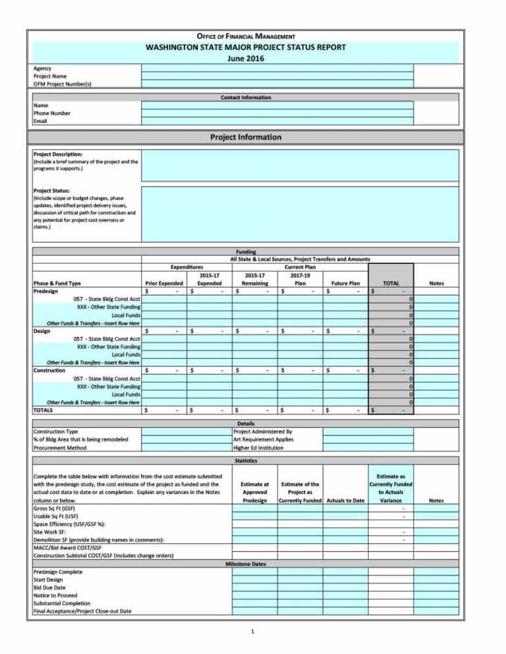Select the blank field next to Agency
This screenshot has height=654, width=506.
(x=277, y=68)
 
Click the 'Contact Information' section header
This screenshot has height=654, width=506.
(x=245, y=97)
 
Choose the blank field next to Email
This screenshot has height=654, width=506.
(x=277, y=121)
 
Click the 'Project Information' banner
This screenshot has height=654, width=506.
(x=245, y=138)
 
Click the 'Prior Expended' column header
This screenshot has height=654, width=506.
(x=163, y=283)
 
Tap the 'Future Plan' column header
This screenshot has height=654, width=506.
(x=345, y=283)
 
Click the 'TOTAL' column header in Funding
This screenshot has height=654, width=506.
(x=391, y=283)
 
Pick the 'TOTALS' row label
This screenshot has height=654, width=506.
(x=43, y=410)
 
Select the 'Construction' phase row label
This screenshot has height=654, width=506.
(x=50, y=370)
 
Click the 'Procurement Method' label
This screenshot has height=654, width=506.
(x=60, y=447)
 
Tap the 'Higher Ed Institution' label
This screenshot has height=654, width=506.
(x=259, y=447)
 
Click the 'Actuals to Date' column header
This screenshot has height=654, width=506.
(x=345, y=501)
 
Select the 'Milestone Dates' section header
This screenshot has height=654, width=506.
(x=245, y=563)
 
